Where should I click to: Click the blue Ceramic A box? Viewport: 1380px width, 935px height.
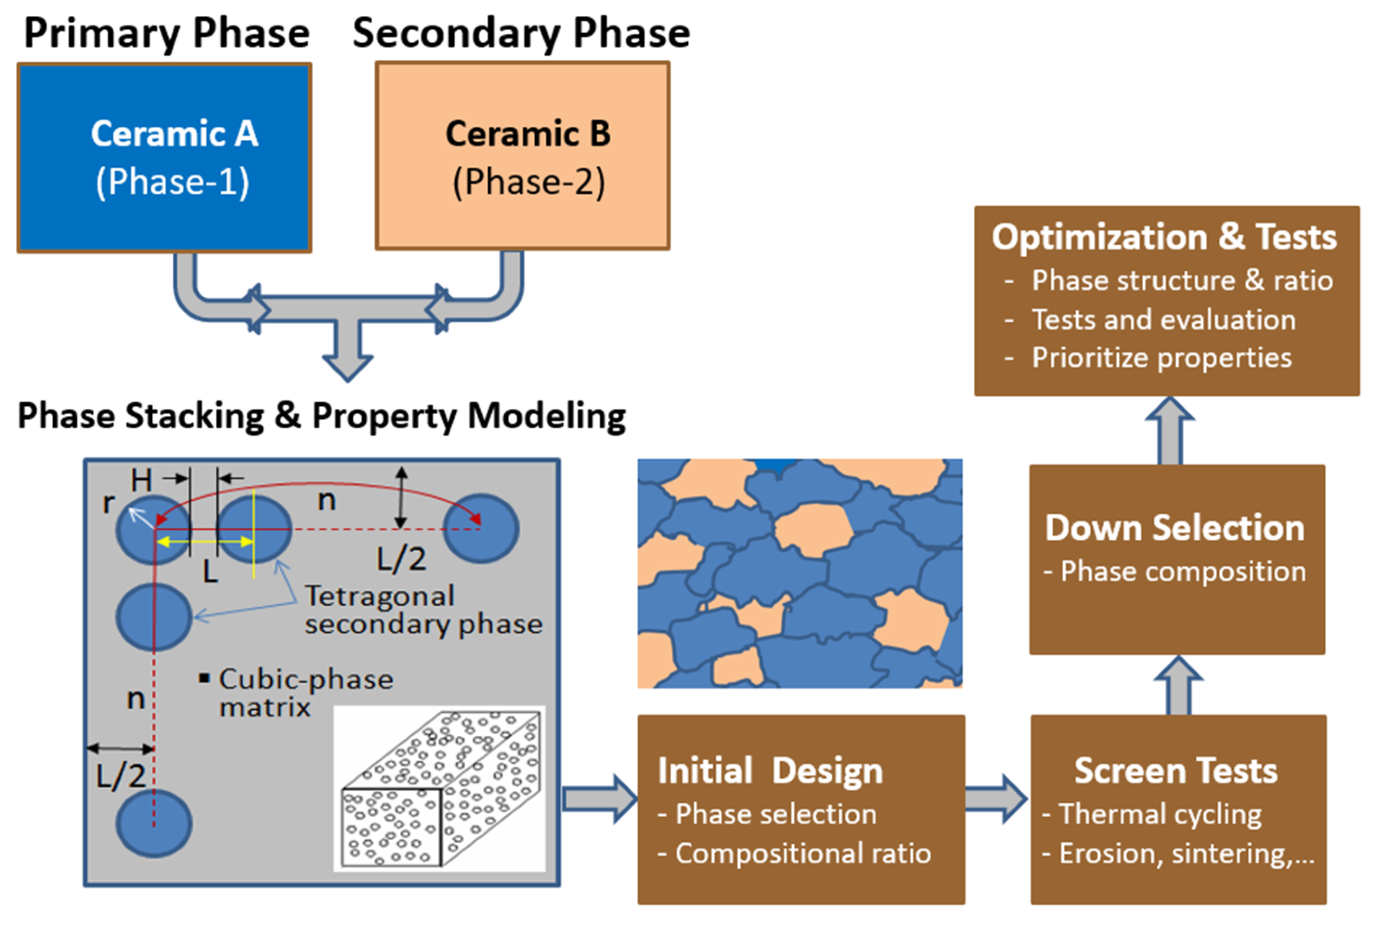pyautogui.click(x=164, y=157)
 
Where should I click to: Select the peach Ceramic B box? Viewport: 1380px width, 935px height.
pyautogui.click(x=523, y=156)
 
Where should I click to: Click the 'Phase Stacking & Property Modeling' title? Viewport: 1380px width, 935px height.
pyautogui.click(x=321, y=416)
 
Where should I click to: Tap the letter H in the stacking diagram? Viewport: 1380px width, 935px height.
pyautogui.click(x=141, y=480)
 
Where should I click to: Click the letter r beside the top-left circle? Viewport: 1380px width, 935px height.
pyautogui.click(x=108, y=503)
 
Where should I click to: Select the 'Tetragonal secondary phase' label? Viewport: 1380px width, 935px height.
pyautogui.click(x=423, y=610)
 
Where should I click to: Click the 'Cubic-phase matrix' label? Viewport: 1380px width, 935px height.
pyautogui.click(x=305, y=693)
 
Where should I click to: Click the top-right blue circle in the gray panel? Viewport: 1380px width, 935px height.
pyautogui.click(x=481, y=528)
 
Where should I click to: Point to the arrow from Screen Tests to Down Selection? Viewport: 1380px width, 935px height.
pyautogui.click(x=1179, y=686)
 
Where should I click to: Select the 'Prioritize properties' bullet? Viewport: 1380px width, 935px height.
pyautogui.click(x=1161, y=358)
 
